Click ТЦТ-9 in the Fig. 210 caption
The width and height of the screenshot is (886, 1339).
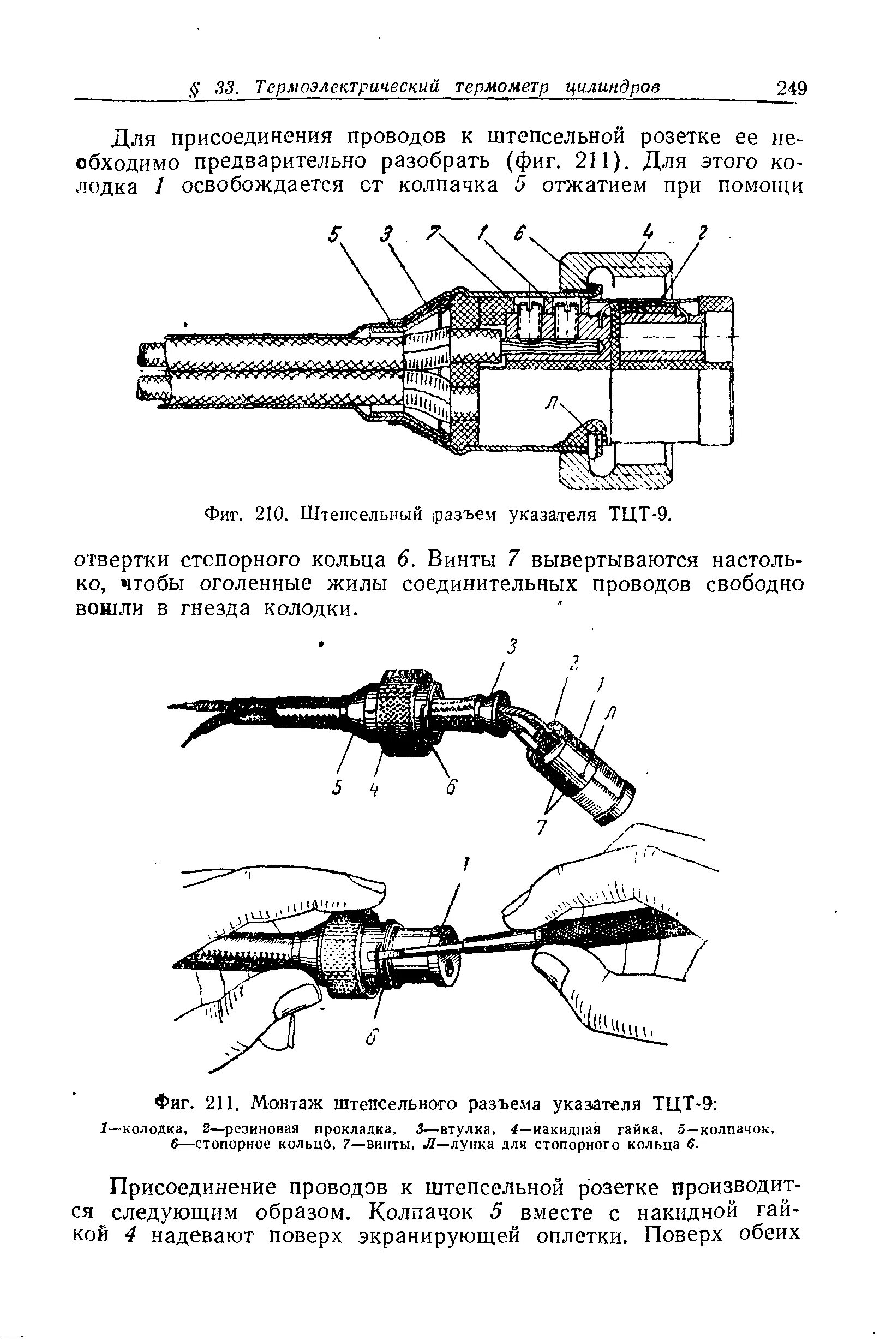pyautogui.click(x=638, y=515)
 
